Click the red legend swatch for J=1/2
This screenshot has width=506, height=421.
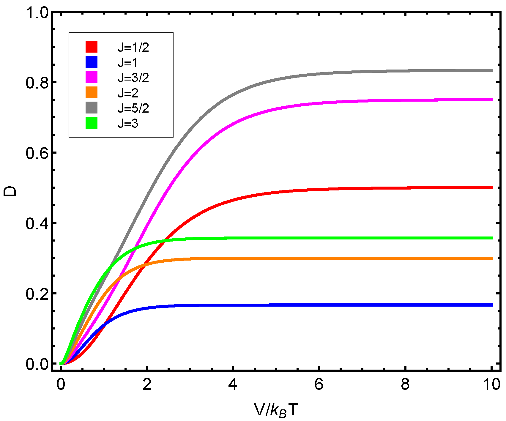[x=92, y=47]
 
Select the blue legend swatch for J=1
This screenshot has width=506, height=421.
[x=92, y=62]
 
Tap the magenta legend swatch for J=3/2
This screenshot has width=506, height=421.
[x=92, y=77]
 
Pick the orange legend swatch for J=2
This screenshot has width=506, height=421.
[x=92, y=93]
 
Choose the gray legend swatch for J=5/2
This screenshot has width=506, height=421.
[x=92, y=108]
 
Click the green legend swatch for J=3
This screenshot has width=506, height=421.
[x=92, y=123]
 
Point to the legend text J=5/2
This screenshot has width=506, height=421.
[x=133, y=108]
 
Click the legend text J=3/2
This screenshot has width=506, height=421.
[x=133, y=78]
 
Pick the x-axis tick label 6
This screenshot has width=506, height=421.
[x=319, y=384]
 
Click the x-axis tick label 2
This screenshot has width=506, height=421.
[x=147, y=384]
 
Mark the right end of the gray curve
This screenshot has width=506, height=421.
[x=492, y=70]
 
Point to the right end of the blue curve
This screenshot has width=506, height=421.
[x=492, y=305]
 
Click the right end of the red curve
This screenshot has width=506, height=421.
[x=492, y=188]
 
